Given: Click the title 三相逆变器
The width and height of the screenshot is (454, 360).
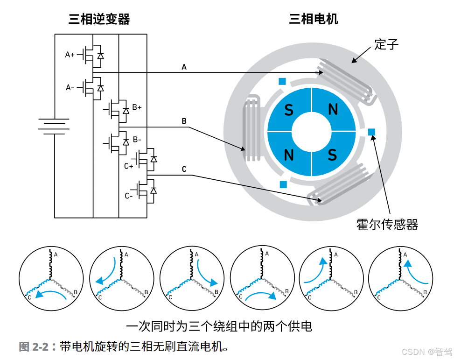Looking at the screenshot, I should click(99, 19).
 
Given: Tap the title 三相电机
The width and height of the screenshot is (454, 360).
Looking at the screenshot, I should click(313, 19).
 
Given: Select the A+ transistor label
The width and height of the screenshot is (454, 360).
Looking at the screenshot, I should click(70, 55).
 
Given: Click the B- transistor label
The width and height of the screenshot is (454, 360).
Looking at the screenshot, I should click(137, 139).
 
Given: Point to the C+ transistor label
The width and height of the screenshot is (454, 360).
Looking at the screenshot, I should click(129, 166).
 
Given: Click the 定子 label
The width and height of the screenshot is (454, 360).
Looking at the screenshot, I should click(386, 45).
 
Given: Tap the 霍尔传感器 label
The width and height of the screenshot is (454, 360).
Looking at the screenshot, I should click(387, 224).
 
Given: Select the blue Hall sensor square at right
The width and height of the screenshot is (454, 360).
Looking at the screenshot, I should click(371, 132).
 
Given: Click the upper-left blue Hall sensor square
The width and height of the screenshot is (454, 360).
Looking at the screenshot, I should click(282, 81).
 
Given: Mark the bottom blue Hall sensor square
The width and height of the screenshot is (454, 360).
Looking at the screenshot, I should click(283, 184).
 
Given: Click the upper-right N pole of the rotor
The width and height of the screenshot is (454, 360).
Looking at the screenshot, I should click(333, 109).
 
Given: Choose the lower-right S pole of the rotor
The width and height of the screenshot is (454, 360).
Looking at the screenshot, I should click(332, 154).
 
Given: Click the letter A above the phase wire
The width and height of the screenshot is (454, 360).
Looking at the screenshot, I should click(184, 68).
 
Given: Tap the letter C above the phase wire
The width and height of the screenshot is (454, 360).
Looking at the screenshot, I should click(184, 169).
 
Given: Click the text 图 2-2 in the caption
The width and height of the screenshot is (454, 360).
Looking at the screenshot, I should click(34, 347).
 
